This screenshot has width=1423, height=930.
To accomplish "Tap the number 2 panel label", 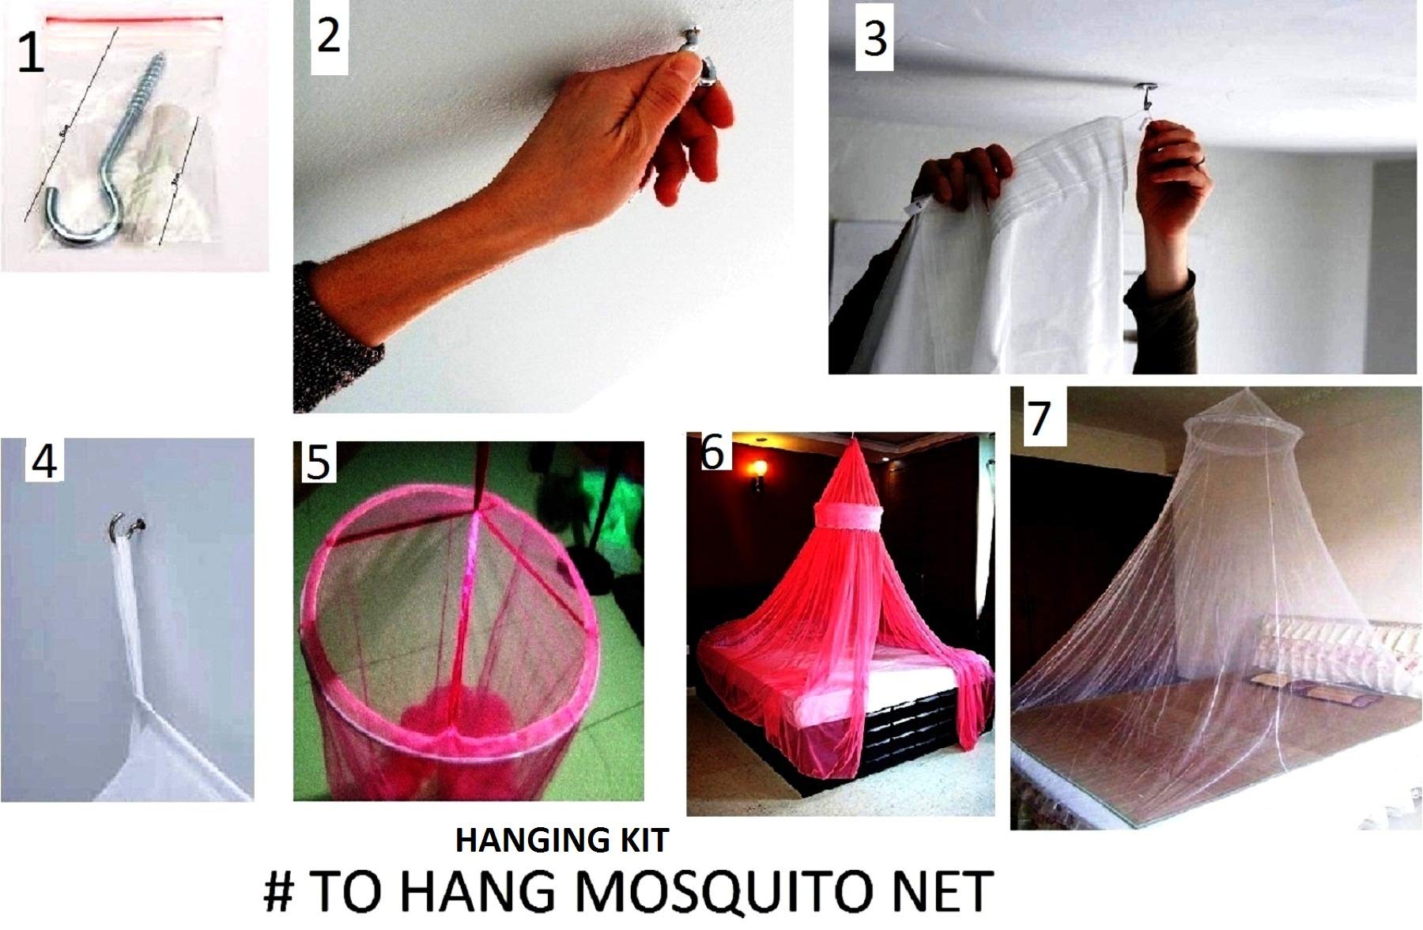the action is [329, 36].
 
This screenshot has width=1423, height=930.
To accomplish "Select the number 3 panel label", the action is [875, 38].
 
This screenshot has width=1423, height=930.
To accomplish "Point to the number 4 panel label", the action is [43, 461].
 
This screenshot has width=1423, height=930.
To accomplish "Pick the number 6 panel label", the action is [712, 453].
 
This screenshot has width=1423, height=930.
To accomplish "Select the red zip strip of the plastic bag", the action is [134, 18].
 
